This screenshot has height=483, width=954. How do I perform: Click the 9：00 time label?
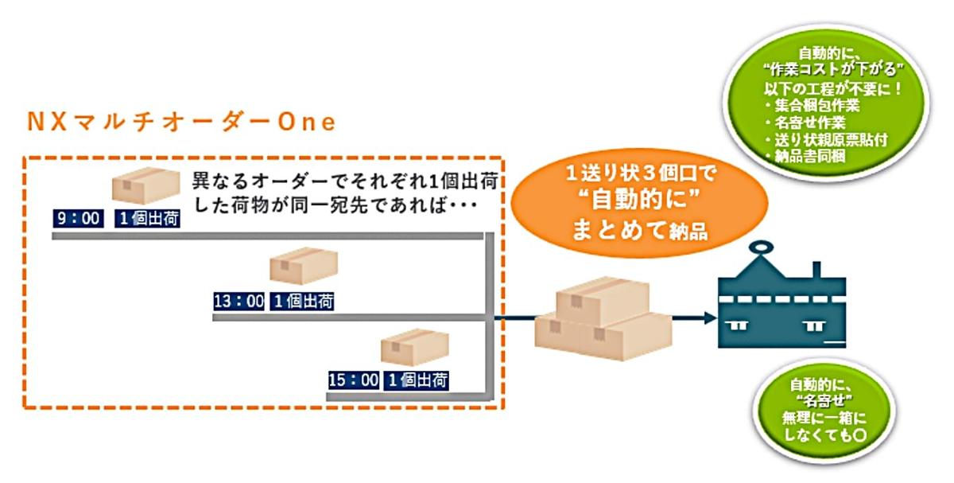79,219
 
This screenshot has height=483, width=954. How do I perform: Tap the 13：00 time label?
239,302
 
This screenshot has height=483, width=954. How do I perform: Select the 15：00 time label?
354,380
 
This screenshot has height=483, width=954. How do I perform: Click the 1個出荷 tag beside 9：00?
147,219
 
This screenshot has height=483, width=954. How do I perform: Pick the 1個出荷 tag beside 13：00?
302,302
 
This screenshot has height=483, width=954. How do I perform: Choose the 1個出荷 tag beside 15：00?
416,380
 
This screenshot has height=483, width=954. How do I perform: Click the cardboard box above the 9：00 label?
146,185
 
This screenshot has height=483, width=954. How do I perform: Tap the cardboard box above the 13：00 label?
304,266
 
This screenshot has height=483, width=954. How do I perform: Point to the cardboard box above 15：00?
415,347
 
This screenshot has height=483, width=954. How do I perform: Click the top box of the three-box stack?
603,301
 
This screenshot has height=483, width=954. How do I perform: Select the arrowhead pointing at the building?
711,317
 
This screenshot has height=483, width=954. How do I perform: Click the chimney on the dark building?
817,270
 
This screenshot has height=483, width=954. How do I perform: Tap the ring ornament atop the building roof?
761,247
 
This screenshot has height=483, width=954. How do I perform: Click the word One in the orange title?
307,123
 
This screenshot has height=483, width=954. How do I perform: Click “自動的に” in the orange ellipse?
640,200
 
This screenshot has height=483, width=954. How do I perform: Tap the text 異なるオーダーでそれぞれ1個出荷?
345,181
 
